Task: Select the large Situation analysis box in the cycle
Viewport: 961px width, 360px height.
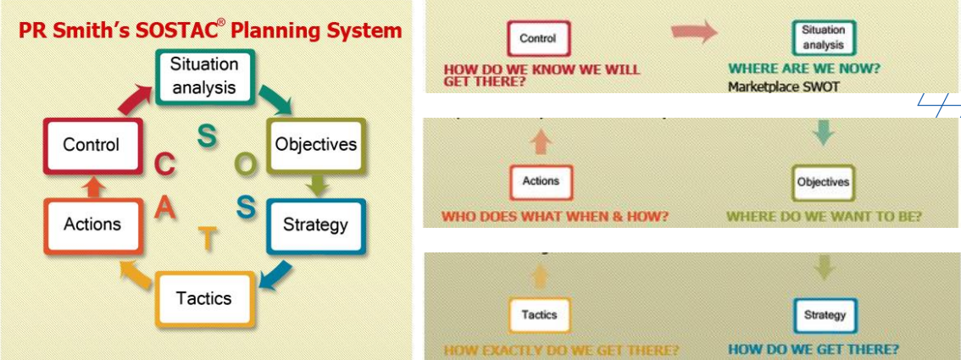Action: coord(203,75)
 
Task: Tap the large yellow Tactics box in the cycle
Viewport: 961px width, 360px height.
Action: coord(203,298)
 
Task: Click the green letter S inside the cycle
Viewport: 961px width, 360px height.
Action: coord(206,135)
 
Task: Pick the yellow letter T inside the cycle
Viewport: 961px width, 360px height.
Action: coord(206,240)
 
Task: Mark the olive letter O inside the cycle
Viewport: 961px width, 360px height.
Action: coord(246,166)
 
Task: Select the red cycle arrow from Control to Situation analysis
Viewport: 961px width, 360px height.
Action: coord(133,100)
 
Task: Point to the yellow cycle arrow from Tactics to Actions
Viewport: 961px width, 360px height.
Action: coord(134,273)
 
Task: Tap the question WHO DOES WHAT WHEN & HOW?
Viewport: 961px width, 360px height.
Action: coord(555,217)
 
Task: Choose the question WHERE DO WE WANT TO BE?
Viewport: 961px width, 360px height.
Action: coord(824,217)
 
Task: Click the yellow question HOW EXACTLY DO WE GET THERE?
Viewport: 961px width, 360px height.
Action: coord(561,350)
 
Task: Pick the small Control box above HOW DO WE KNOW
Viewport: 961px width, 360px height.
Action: coord(538,38)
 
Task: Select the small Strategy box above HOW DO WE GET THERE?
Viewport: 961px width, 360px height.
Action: coord(825,315)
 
